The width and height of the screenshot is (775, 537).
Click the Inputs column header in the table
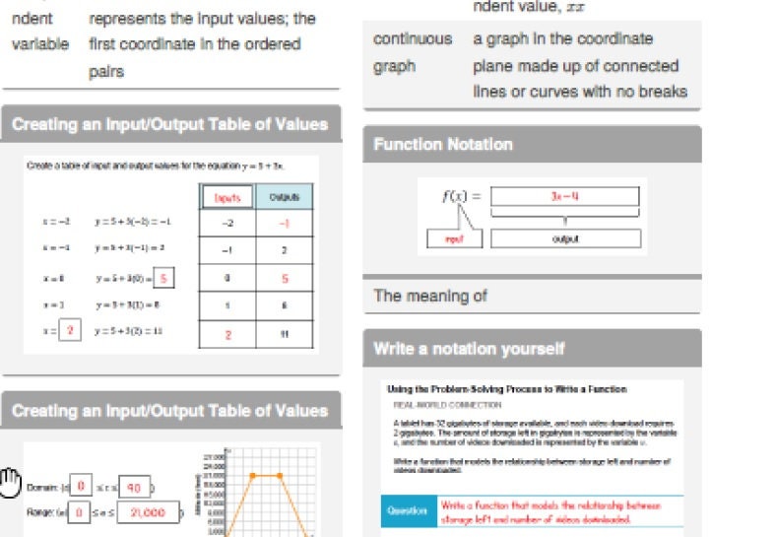coord(227,197)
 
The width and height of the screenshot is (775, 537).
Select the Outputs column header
coord(284,197)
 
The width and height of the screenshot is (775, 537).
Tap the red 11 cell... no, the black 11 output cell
coord(284,334)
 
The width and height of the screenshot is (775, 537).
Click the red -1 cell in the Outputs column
coord(284,224)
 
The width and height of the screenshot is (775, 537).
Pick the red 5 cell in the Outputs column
coord(284,279)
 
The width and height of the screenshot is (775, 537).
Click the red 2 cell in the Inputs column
coord(227,334)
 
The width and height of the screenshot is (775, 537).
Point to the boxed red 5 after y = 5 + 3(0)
coord(164,278)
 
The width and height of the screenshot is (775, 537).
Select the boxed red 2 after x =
coord(69,331)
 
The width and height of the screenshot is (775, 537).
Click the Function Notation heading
coord(443,145)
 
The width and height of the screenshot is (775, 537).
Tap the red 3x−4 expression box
coord(565,196)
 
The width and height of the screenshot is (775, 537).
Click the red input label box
coord(454,238)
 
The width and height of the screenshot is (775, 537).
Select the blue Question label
coord(407,511)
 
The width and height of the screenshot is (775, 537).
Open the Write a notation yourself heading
coord(469,349)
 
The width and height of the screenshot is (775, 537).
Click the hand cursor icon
coord(11,481)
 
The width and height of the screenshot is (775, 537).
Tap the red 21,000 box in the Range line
coord(149,511)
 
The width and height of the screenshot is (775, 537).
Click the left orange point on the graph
coord(252,475)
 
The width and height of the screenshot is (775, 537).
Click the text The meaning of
coord(430,296)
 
